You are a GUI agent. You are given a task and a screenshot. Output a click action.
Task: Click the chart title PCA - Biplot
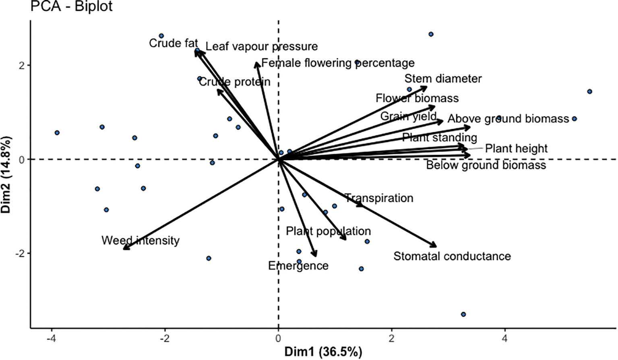72,6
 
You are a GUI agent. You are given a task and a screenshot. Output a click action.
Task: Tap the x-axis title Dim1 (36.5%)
323,352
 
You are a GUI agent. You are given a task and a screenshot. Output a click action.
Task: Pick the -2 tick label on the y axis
19,253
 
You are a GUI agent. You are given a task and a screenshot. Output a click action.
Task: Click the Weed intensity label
140,240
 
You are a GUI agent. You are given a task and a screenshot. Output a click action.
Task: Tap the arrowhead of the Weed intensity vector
124,249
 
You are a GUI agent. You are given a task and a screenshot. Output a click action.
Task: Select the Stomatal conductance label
452,256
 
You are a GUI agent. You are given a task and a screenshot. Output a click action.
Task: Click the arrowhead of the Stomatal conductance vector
436,246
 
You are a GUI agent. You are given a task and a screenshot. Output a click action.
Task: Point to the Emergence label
298,266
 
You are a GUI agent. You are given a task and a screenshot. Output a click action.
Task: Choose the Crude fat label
173,43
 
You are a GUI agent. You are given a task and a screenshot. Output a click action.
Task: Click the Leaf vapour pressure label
261,46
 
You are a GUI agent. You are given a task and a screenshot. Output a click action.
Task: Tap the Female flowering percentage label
338,63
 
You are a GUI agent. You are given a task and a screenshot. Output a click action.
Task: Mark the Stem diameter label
443,79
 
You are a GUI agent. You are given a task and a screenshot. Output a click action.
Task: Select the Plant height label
516,149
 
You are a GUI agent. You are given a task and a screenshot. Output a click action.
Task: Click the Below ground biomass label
486,165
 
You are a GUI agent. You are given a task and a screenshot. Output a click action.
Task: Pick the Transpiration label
379,198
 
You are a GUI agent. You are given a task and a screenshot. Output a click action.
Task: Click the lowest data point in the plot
463,314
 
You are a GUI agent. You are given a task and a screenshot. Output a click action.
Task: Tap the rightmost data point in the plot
589,91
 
